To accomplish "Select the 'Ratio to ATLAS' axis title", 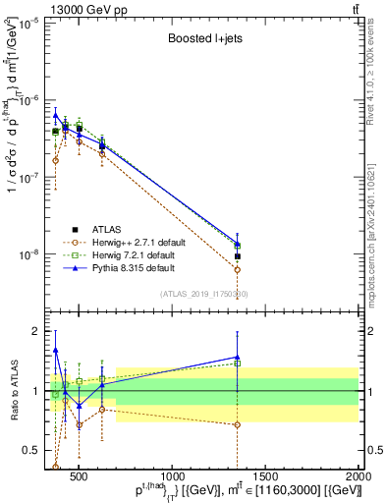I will [x=15, y=391].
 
